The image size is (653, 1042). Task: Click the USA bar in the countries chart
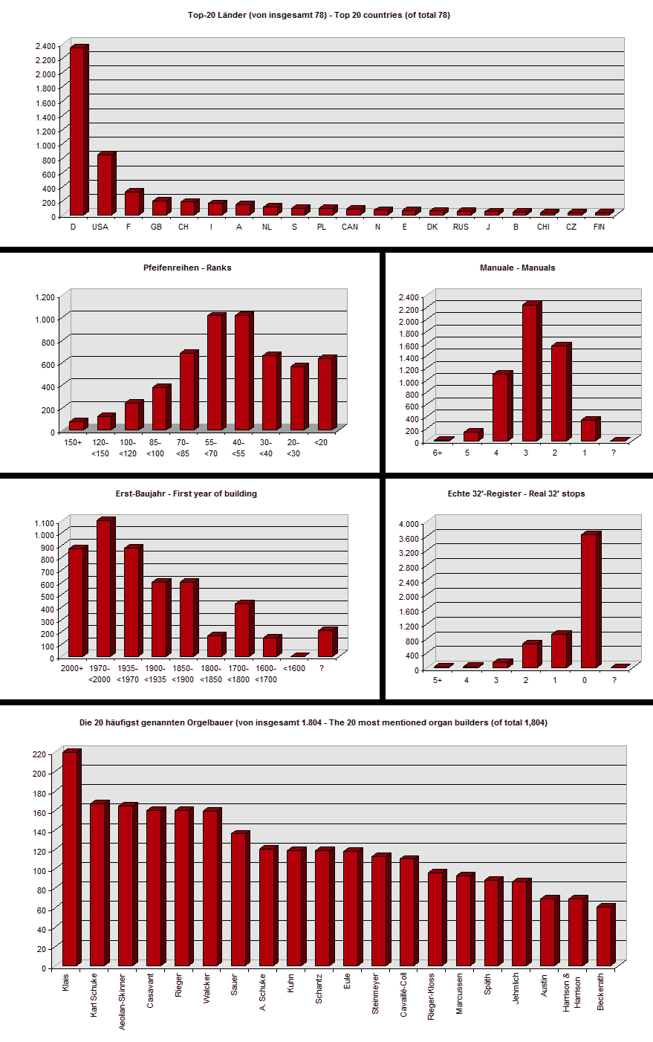pos(105,184)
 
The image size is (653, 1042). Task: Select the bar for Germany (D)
pos(77,132)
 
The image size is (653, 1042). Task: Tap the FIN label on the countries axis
pos(599,227)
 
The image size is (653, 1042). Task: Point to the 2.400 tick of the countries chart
pos(45,45)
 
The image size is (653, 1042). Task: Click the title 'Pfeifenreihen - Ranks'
pos(187,268)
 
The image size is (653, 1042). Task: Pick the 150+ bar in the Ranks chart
pos(76,424)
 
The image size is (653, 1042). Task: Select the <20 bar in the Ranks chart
pos(325,394)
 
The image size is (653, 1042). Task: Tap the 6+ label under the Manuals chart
pos(438,453)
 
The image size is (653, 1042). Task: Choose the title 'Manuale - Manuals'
pos(517,268)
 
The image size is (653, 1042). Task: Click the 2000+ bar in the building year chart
pos(76,603)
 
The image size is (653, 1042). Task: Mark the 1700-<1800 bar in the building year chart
pos(242,630)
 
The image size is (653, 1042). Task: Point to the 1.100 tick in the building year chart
pos(44,522)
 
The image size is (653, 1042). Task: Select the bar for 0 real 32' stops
pos(588,601)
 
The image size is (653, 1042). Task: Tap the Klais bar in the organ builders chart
pos(70,859)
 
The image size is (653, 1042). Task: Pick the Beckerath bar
pos(604,936)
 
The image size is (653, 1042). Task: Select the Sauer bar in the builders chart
pos(238,900)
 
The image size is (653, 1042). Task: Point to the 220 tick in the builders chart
pos(39,754)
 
